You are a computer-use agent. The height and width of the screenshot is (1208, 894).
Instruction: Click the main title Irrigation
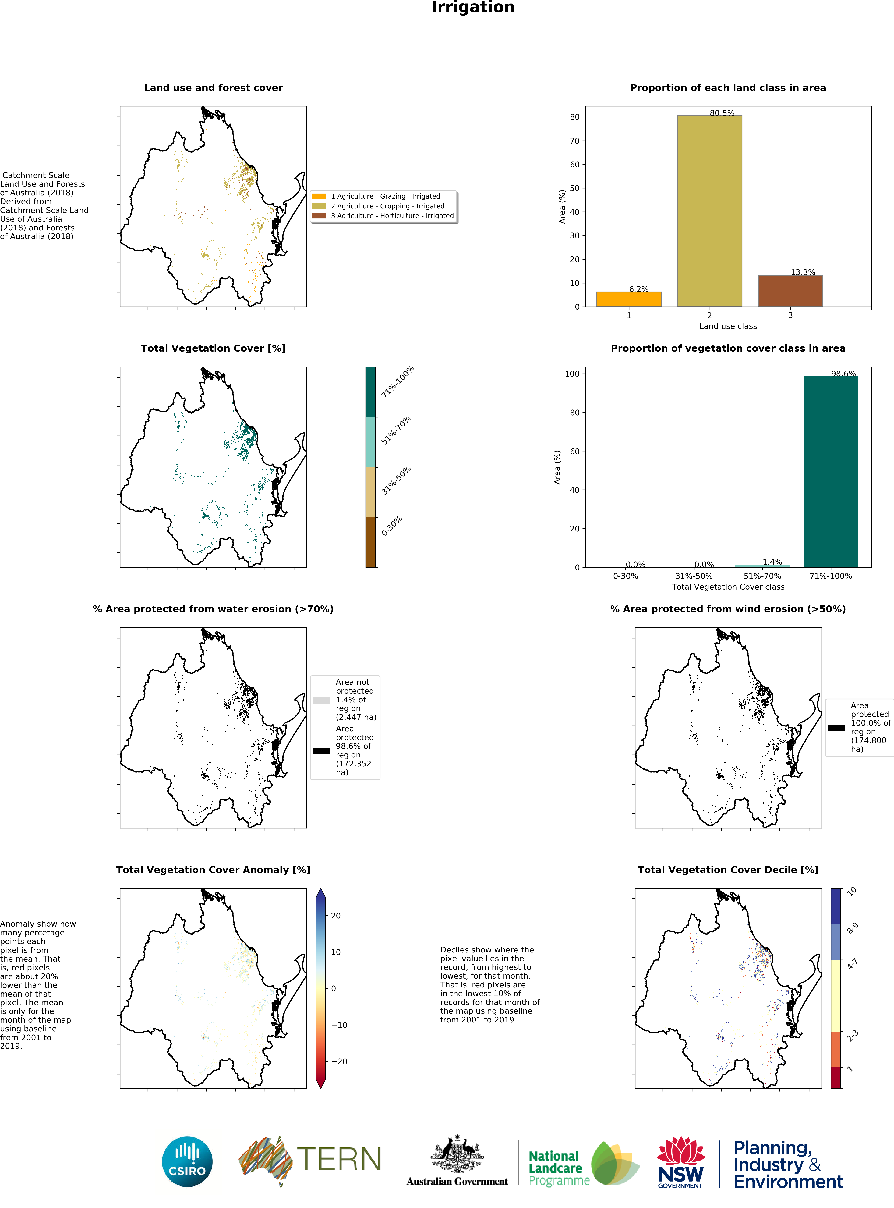point(473,8)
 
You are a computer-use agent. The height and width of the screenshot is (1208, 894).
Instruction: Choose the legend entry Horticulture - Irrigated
point(392,216)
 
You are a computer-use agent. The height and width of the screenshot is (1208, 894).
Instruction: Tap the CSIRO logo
point(187,1161)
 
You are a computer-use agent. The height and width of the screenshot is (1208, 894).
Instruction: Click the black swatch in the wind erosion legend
point(836,728)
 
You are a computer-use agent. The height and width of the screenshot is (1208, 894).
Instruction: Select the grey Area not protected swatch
point(321,700)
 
